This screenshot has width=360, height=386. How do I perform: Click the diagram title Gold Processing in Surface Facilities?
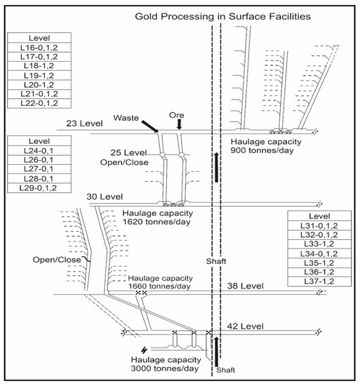[222, 17]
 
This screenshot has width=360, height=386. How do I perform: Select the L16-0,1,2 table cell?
[39, 47]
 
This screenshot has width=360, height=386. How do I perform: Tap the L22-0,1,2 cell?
[39, 103]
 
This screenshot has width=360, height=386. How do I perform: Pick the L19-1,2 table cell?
[39, 75]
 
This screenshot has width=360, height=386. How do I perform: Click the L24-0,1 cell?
[39, 150]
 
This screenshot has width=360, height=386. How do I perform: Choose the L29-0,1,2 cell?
[39, 188]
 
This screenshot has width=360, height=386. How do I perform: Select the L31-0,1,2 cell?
[319, 225]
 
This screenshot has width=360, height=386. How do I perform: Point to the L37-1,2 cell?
[319, 281]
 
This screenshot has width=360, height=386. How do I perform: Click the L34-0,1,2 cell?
[319, 253]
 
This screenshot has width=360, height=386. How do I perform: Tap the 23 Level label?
[84, 124]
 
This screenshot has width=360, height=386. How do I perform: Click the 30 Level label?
[105, 197]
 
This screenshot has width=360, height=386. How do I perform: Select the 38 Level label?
[246, 286]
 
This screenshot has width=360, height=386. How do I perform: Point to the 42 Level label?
[246, 326]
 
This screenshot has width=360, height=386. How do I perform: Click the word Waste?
[126, 118]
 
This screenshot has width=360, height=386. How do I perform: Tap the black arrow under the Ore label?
[180, 124]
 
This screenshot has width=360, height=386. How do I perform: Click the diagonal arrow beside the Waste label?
[150, 126]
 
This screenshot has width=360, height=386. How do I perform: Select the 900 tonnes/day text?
[262, 150]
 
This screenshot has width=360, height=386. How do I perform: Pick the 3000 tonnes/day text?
[165, 368]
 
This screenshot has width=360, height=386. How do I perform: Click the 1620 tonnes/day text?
[156, 222]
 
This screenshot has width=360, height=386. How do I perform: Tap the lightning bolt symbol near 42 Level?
[145, 350]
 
